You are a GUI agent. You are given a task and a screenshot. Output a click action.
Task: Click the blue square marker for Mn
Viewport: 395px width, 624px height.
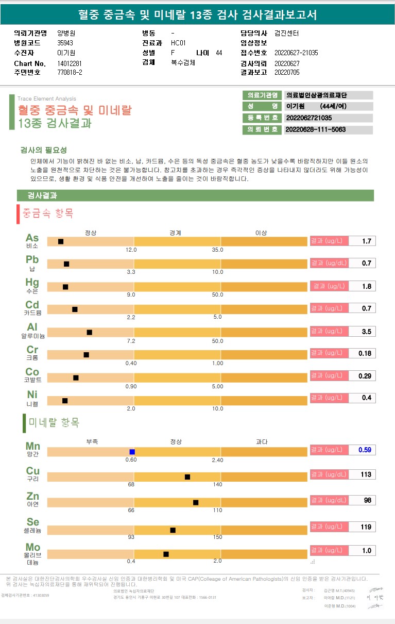coord(132,452)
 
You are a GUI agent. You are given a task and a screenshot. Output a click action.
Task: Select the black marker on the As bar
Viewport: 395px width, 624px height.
coord(61,241)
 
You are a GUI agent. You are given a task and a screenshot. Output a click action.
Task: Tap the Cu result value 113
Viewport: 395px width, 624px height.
coord(366,474)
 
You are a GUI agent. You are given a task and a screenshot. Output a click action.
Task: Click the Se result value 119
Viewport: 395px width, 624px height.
coord(366,527)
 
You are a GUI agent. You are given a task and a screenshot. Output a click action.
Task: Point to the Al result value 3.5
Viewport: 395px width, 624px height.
coord(366,332)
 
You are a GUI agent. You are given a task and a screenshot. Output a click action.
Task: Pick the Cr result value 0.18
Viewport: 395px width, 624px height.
coord(365,353)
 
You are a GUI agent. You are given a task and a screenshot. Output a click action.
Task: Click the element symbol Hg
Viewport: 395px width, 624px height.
coord(32,282)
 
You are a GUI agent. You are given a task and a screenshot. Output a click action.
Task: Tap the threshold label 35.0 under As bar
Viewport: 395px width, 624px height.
coord(217,250)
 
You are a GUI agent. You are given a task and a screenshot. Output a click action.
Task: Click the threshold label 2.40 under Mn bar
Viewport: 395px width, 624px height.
coord(217,460)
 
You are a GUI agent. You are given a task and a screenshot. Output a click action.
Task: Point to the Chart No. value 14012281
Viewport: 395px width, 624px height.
coord(70,63)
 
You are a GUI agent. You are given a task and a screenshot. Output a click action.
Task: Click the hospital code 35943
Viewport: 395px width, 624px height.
coord(65,43)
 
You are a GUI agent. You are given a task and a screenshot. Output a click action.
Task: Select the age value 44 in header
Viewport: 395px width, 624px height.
coord(219,53)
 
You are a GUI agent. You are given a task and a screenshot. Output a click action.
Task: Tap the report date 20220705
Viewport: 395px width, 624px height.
coord(287,72)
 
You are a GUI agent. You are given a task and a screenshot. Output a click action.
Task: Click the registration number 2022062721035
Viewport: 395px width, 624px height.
coord(309,118)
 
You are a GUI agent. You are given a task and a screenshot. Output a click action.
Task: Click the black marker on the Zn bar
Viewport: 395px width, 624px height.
coord(196,502)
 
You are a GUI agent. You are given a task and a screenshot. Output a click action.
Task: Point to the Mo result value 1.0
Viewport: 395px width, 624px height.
coord(366,550)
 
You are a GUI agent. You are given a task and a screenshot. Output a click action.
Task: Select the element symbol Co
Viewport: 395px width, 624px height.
coord(32,372)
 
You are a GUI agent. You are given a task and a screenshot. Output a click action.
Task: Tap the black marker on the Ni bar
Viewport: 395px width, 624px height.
coord(65,401)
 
